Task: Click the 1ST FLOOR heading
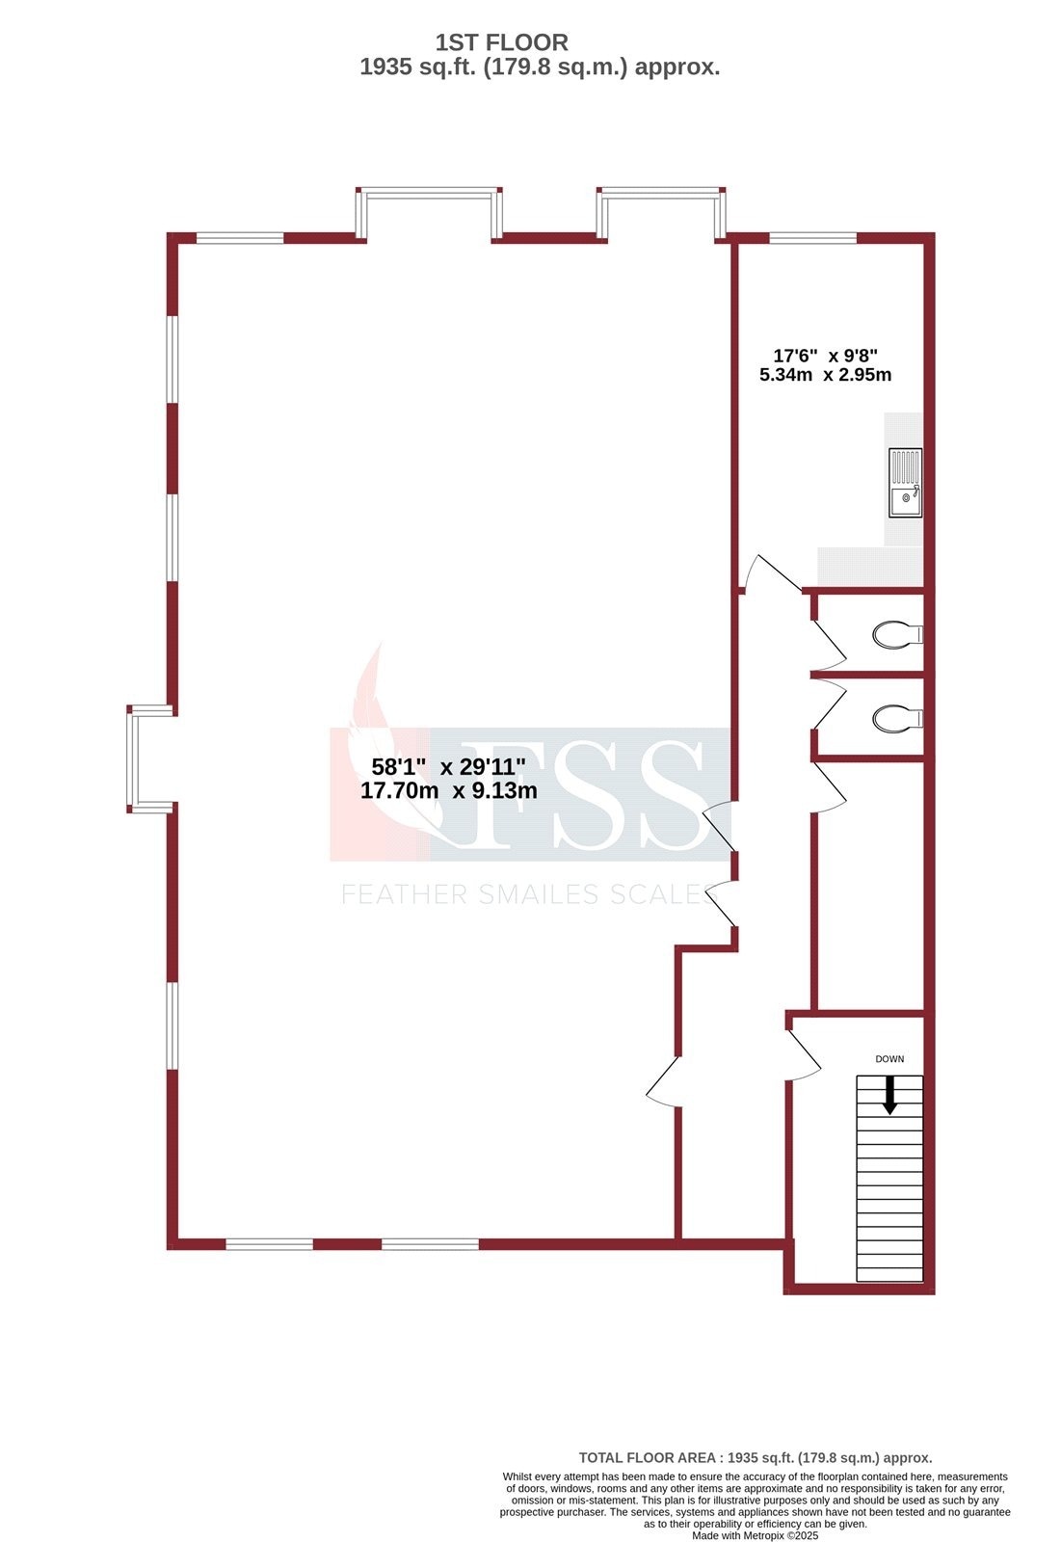[501, 42]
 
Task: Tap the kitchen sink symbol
[905, 483]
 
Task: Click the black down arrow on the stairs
[889, 1095]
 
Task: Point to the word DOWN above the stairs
[889, 1059]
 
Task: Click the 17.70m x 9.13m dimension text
[448, 791]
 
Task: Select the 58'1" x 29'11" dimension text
[448, 767]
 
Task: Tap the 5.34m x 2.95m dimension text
[825, 375]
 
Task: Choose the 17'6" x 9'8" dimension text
[825, 355]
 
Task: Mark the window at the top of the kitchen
[812, 237]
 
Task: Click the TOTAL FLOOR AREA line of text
[755, 1458]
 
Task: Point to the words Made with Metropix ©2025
[755, 1535]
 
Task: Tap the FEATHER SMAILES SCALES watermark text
[528, 894]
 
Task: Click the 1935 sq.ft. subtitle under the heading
[540, 67]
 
